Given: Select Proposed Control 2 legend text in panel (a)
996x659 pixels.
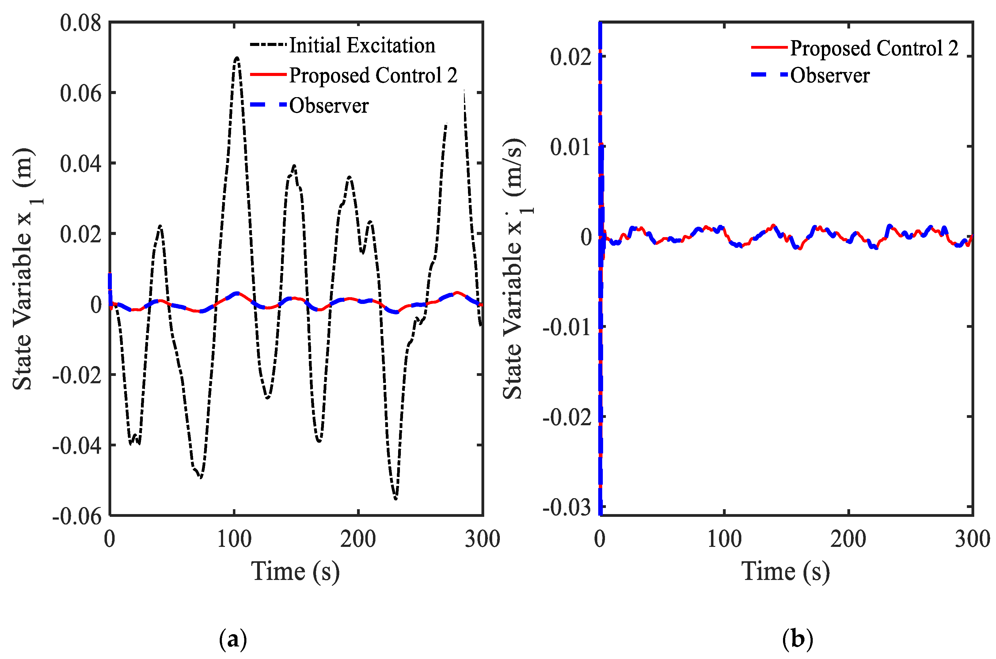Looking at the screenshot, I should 373,76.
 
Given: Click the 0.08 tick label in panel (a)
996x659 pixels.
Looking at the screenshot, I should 81,23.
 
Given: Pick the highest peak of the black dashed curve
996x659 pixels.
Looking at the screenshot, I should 237,58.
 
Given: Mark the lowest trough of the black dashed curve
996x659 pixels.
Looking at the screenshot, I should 396,498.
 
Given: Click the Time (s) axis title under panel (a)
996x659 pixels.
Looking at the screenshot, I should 295,572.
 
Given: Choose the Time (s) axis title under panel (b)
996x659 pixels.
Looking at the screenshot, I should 785,572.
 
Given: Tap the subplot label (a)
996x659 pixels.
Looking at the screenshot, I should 233,640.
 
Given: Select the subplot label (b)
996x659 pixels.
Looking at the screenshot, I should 797,640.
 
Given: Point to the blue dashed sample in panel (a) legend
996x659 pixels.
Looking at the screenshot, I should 268,105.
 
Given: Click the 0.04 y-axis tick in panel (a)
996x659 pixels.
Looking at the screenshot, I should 81,164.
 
